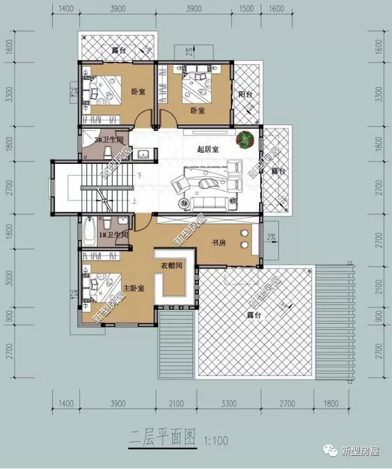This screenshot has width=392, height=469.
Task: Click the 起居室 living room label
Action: (x=209, y=149)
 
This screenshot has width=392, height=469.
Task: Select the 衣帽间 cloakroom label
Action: (x=173, y=265)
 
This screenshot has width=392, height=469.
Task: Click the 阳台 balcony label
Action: (x=244, y=94)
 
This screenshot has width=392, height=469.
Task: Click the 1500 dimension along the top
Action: (x=246, y=8)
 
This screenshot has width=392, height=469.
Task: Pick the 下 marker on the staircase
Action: (x=140, y=175)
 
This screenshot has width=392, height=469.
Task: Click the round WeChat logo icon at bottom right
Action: (x=331, y=452)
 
